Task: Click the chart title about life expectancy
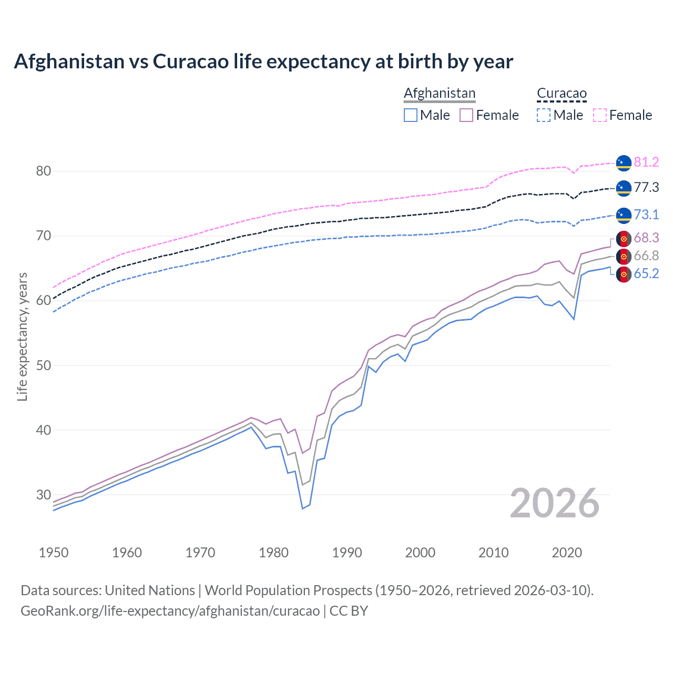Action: coord(263,62)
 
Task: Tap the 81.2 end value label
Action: coord(646,162)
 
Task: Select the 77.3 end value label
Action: coord(646,187)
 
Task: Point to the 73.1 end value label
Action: coord(646,215)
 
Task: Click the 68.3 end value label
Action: coord(646,238)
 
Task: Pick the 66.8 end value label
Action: coord(646,256)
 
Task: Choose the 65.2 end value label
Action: coord(646,273)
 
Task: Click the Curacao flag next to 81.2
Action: coord(624,163)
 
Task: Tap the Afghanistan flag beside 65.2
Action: coord(624,274)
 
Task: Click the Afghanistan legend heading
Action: coord(440,93)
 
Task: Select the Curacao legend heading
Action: coord(562,93)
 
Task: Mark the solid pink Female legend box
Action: coord(466,115)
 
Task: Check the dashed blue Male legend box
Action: coord(544,115)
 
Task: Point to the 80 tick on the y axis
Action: coord(44,171)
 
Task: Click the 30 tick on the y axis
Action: coord(44,495)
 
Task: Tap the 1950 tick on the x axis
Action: coord(54,553)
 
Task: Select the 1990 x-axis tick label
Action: coord(347,553)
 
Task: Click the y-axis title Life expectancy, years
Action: coord(22,336)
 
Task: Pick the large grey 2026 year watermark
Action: coord(555,503)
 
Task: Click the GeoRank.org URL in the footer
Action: coord(170,611)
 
